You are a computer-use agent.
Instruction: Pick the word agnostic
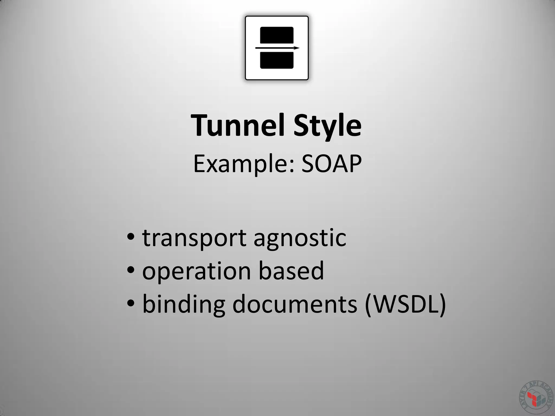(300, 239)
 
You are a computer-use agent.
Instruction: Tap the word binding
(183, 304)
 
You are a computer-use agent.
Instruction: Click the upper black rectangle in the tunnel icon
(277, 35)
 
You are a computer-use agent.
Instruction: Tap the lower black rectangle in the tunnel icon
(277, 60)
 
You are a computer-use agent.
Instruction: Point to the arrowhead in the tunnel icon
(296, 48)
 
